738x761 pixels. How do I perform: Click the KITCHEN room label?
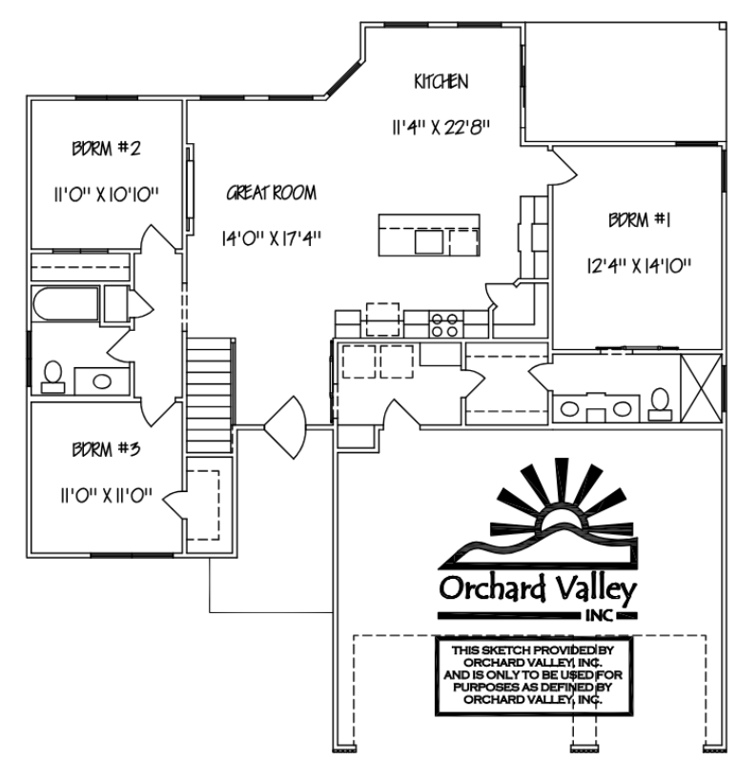point(441,82)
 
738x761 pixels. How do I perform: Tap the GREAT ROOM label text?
point(271,193)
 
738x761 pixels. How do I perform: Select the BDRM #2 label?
point(106,148)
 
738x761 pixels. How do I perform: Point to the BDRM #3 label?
point(106,449)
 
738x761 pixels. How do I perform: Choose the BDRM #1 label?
point(640,220)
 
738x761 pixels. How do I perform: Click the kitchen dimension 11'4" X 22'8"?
point(441,128)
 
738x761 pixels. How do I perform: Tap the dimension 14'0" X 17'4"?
point(271,238)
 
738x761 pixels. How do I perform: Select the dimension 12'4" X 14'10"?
point(640,265)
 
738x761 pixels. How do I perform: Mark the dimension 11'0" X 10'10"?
point(106,195)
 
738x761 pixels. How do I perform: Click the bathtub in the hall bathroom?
point(66,304)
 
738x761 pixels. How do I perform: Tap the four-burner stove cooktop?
point(445,324)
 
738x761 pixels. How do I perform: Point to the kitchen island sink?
point(429,241)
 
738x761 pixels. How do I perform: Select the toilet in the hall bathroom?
point(52,377)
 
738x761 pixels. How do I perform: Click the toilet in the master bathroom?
point(660,403)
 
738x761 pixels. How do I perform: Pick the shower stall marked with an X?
point(701,388)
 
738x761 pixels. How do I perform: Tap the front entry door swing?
point(285,427)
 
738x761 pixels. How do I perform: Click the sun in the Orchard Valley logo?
point(562,519)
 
